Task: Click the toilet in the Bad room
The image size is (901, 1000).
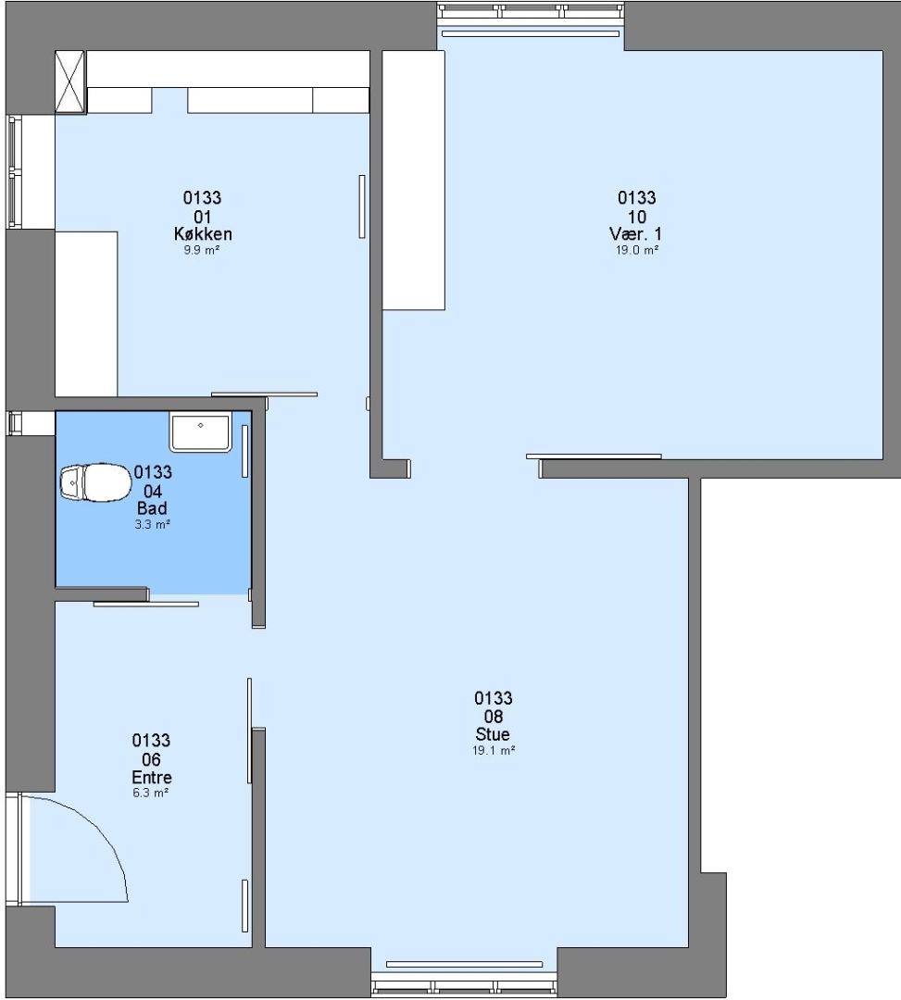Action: click(x=95, y=482)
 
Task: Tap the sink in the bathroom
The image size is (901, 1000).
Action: click(x=200, y=431)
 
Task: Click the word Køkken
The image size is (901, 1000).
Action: click(x=203, y=233)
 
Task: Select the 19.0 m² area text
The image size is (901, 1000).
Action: click(x=637, y=250)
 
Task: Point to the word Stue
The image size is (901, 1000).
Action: click(x=493, y=734)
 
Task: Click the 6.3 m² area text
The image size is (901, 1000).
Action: click(x=151, y=793)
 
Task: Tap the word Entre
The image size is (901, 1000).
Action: click(x=152, y=778)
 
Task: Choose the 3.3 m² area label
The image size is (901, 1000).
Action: click(x=153, y=524)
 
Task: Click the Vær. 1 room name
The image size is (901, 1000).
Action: click(x=636, y=233)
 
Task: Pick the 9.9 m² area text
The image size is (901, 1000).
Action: click(x=202, y=250)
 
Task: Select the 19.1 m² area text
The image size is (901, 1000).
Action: click(x=494, y=751)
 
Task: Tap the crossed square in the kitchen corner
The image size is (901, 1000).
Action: click(x=69, y=82)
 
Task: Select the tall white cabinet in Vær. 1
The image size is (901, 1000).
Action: click(x=413, y=181)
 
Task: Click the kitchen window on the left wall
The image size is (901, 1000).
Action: click(x=14, y=171)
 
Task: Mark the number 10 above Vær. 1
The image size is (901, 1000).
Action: click(x=637, y=217)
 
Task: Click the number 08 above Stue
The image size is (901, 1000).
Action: click(x=494, y=717)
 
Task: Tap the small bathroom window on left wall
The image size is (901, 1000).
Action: click(x=14, y=423)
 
